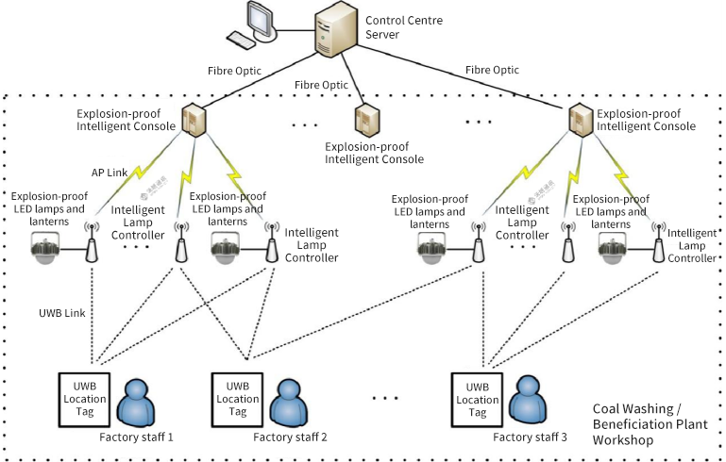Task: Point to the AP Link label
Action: [x=110, y=173]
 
